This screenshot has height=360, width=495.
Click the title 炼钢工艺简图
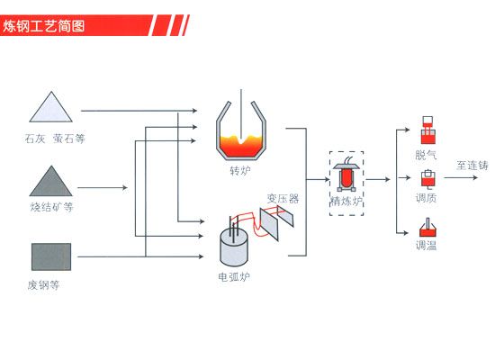[x=44, y=25]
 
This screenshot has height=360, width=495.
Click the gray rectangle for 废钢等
[x=51, y=256]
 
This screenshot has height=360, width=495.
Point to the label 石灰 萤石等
[x=55, y=139]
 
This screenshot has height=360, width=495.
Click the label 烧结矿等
[x=51, y=207]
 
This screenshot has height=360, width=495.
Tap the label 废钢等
[x=43, y=285]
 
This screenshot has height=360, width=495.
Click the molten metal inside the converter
[x=241, y=146]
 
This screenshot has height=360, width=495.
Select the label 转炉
[x=240, y=171]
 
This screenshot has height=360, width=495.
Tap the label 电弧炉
[x=234, y=277]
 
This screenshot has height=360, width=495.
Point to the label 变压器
[x=283, y=198]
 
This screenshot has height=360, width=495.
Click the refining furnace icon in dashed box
[x=346, y=176]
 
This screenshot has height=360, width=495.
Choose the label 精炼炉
[x=346, y=202]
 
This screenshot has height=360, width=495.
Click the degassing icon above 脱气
[x=427, y=130]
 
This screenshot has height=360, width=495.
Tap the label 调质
[x=427, y=198]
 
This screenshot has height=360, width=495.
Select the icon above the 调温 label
[x=427, y=228]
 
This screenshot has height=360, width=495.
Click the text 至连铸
[x=472, y=166]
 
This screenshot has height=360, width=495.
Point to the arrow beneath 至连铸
[x=461, y=177]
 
